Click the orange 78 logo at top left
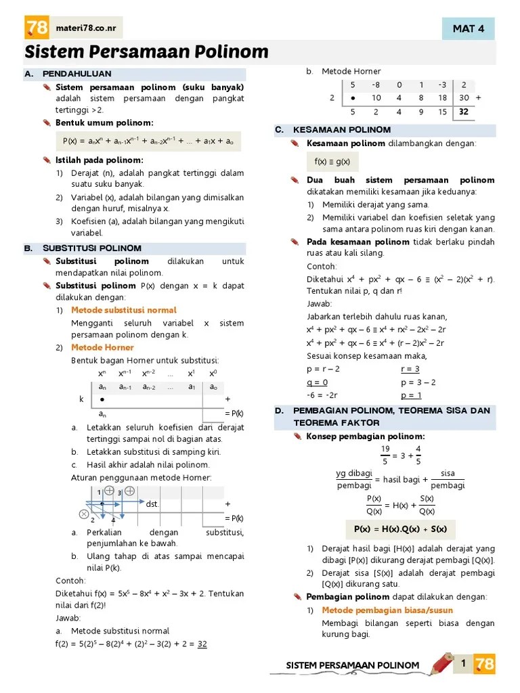[x=37, y=28]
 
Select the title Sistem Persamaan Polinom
[x=146, y=52]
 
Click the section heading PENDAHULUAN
[x=77, y=74]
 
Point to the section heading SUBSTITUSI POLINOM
[x=91, y=248]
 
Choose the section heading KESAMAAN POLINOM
[x=341, y=130]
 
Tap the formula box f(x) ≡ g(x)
[x=332, y=162]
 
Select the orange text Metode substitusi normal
[x=124, y=310]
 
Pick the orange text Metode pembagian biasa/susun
[x=387, y=610]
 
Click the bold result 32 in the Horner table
[x=463, y=112]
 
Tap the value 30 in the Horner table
[x=463, y=98]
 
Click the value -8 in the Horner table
[x=376, y=85]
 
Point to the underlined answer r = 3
[x=410, y=369]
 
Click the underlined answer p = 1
[x=410, y=395]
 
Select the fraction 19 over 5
[x=385, y=455]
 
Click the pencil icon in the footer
[x=441, y=664]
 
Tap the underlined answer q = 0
[x=317, y=382]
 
